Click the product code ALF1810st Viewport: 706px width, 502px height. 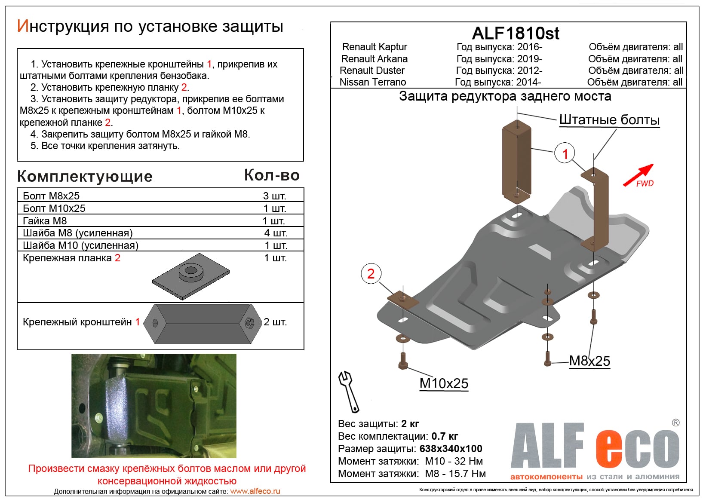click(516, 33)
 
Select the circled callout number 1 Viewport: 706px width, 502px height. click(565, 153)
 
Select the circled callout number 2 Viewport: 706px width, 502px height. click(371, 274)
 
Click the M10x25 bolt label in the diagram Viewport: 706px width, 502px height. click(444, 383)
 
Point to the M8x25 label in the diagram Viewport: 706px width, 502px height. click(589, 361)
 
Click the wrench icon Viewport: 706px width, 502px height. click(349, 392)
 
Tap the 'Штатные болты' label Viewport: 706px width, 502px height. click(609, 120)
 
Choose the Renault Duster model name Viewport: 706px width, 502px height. click(372, 70)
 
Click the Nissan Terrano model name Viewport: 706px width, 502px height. click(372, 82)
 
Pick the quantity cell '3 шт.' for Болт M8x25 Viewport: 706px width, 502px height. click(275, 196)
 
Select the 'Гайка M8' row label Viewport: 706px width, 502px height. click(45, 221)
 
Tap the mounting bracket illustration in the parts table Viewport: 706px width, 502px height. click(202, 324)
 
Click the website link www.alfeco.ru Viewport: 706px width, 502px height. click(255, 491)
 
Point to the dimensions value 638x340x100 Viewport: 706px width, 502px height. click(451, 449)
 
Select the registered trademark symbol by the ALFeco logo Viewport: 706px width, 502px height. click(675, 423)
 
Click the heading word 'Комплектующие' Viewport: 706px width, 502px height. click(85, 176)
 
